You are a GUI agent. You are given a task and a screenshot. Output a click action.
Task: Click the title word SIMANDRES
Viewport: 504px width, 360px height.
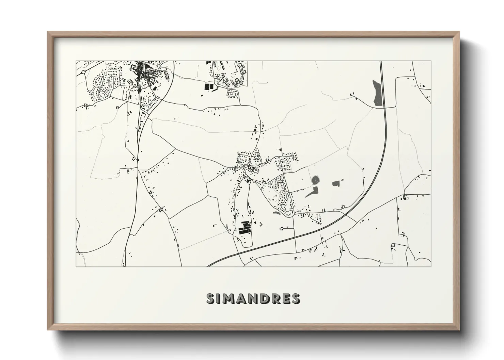tap(253, 298)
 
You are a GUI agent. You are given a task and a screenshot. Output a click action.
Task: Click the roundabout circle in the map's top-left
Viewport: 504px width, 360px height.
tap(83, 72)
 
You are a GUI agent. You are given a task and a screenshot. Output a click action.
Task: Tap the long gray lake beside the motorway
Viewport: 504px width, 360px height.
tap(377, 93)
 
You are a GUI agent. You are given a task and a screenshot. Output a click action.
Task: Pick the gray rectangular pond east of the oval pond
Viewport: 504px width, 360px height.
tap(336, 184)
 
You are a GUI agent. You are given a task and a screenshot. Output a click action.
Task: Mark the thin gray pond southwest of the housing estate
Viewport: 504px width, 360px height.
tap(276, 214)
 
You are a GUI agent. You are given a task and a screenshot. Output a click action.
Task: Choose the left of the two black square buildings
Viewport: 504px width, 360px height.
tap(206, 86)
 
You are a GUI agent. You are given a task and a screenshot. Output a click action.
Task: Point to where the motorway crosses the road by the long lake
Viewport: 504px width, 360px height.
tap(384, 108)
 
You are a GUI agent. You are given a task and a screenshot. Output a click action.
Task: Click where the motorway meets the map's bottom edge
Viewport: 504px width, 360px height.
tap(208, 266)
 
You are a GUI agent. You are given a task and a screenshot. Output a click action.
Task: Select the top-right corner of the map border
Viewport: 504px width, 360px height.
tap(431, 61)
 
